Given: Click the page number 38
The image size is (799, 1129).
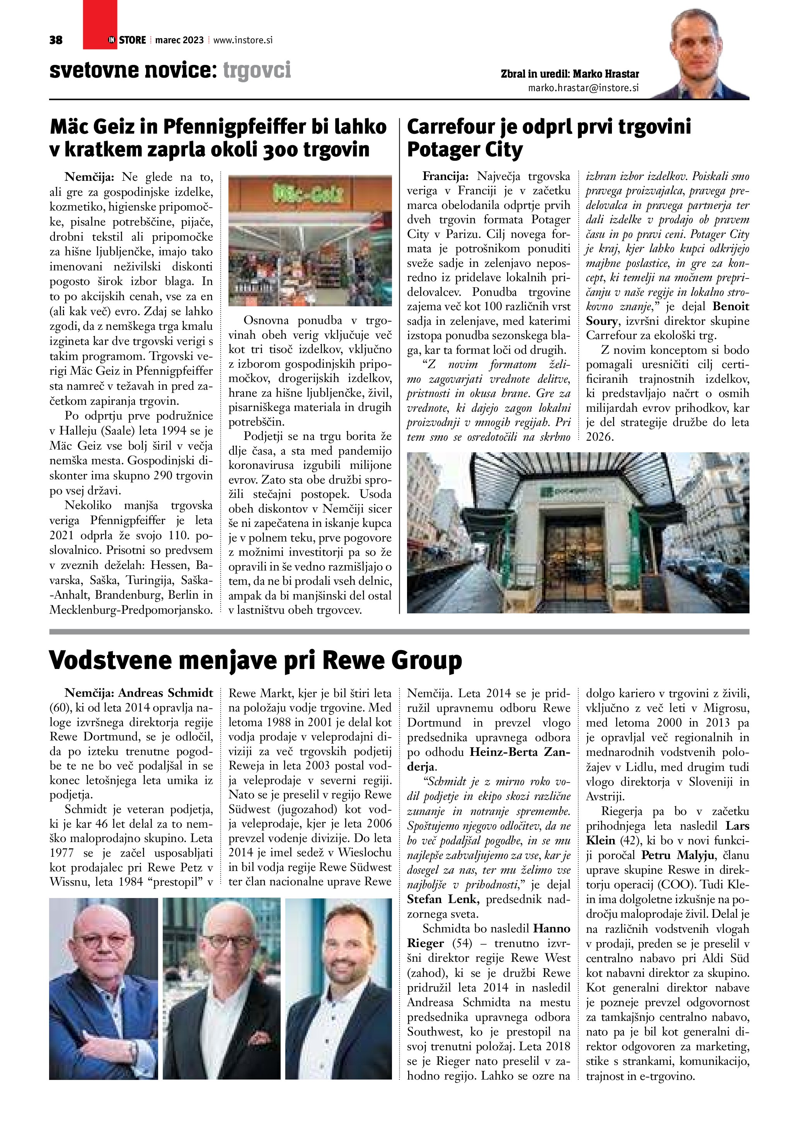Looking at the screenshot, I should point(56,40).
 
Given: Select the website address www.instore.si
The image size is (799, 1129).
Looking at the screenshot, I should point(243,40).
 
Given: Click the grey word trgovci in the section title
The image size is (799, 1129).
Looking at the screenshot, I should point(257,70).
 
